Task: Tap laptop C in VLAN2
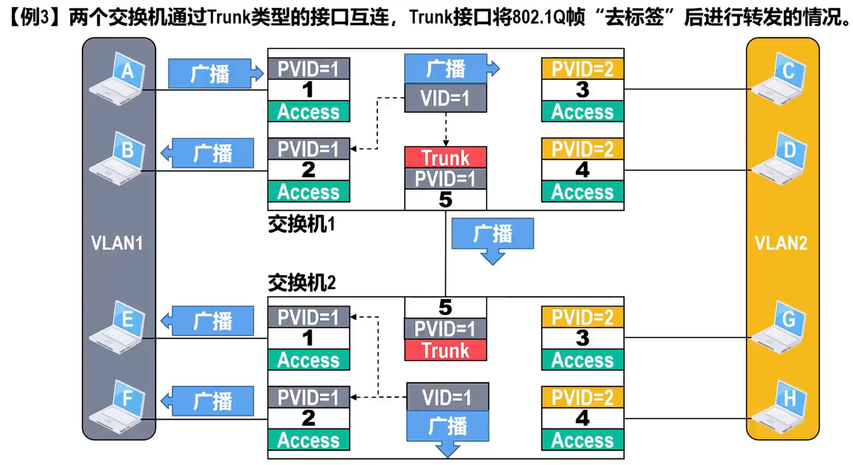point(780,79)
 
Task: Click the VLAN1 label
point(117,243)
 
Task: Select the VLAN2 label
point(781,243)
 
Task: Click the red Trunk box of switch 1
point(445,158)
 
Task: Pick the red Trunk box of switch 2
point(445,351)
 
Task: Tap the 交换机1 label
point(301,224)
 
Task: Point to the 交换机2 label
point(301,283)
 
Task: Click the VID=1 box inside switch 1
point(445,98)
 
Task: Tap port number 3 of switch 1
point(582,90)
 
